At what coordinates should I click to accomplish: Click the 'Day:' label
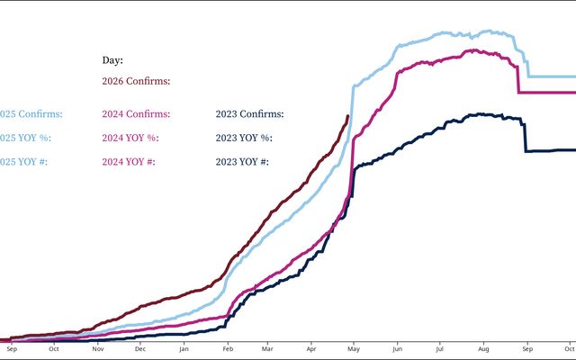tap(112, 60)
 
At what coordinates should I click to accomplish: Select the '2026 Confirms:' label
tap(136, 81)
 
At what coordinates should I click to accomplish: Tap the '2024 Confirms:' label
tap(136, 114)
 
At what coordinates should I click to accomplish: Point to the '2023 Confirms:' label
tap(250, 114)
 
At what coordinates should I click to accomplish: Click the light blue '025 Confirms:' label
tap(31, 114)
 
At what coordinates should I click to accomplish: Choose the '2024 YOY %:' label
tap(130, 138)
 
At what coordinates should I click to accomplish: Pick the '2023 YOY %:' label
tap(244, 138)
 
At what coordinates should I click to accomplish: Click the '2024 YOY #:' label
tap(130, 162)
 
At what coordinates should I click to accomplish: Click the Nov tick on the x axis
tap(98, 347)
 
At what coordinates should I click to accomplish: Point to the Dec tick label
tap(139, 347)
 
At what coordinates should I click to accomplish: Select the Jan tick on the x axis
tap(184, 347)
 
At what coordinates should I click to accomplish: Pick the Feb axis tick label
tap(228, 347)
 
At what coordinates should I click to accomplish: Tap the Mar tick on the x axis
tap(267, 347)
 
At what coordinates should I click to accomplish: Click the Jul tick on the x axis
tap(440, 347)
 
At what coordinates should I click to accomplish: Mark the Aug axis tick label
tap(484, 347)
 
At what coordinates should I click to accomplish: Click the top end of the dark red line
tap(348, 115)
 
